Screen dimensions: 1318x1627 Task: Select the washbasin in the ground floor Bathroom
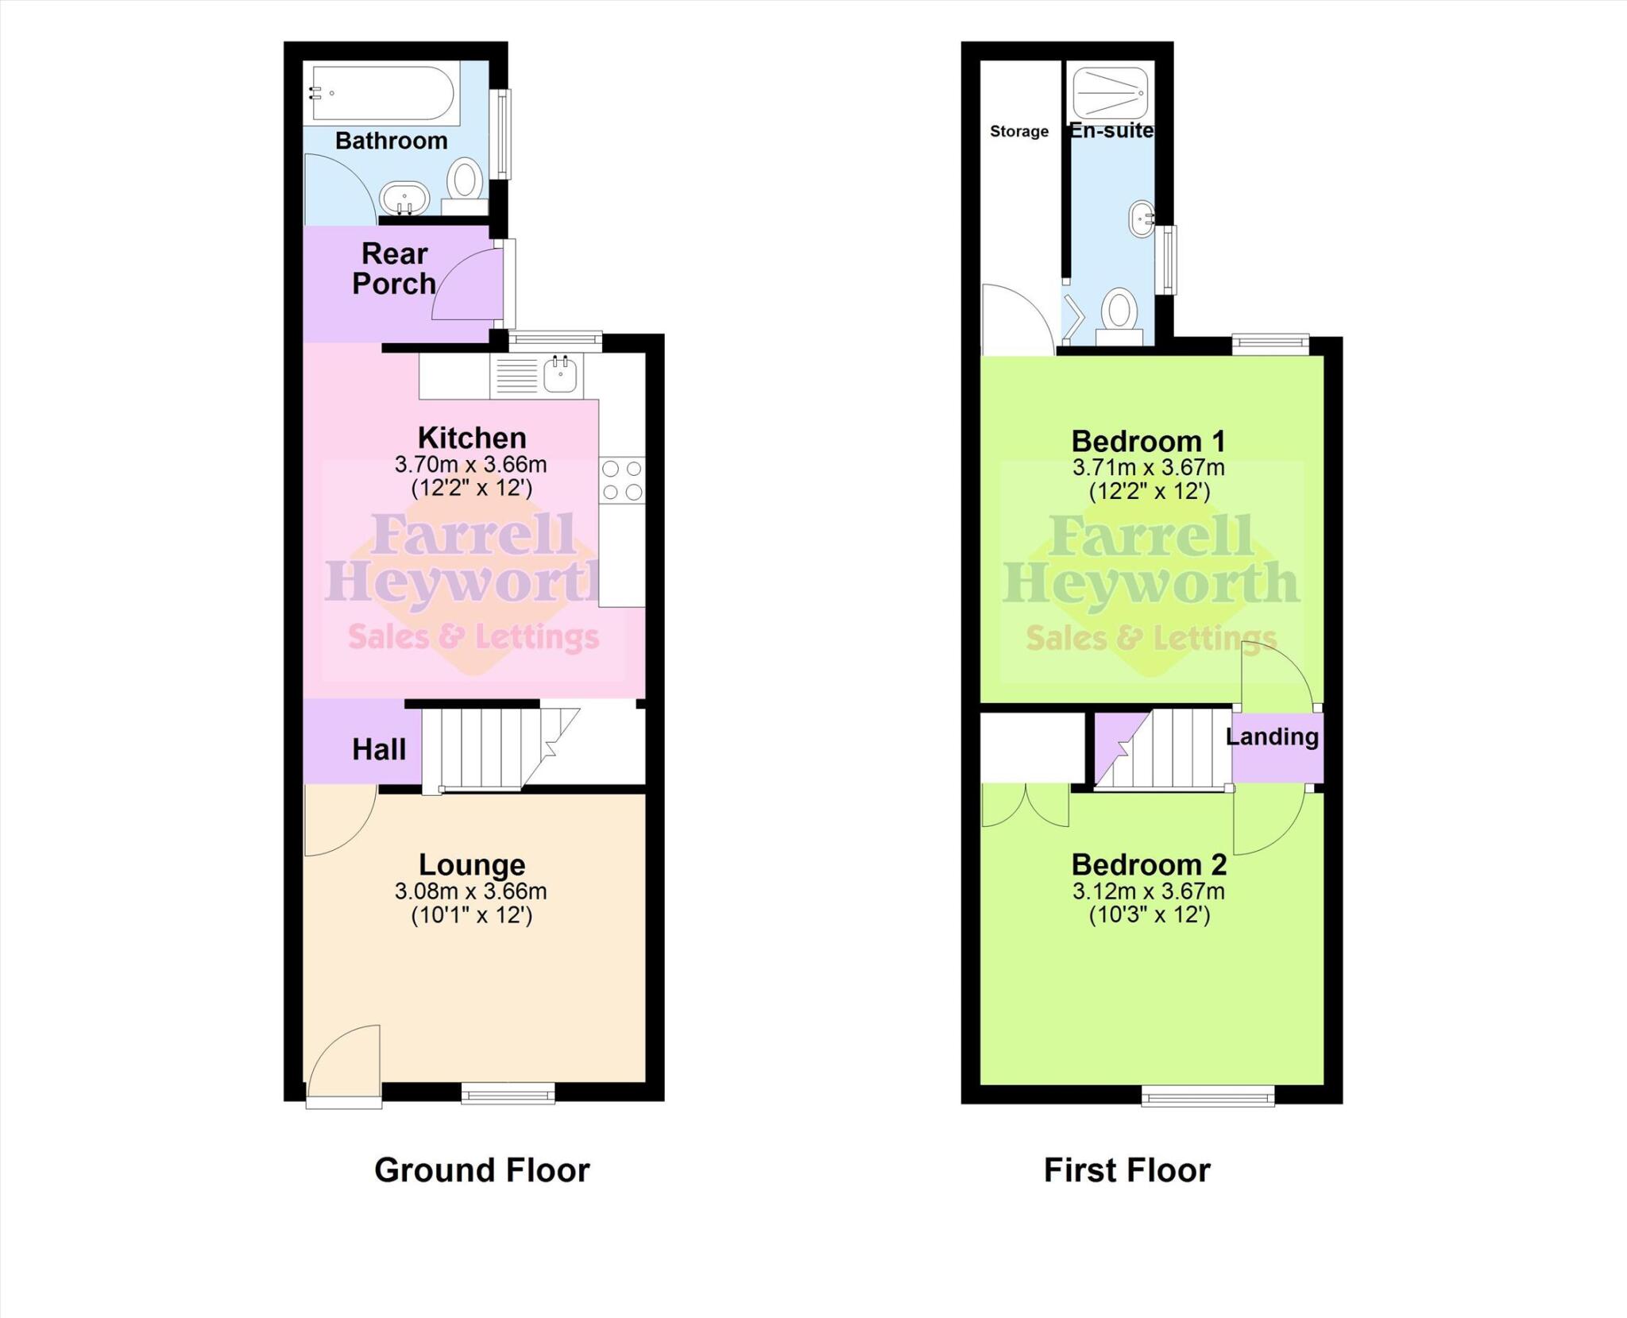pyautogui.click(x=404, y=197)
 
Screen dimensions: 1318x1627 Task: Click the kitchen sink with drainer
pyautogui.click(x=537, y=376)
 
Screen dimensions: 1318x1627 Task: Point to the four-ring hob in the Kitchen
pyautogui.click(x=622, y=481)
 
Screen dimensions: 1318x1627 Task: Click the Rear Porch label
pyautogui.click(x=394, y=269)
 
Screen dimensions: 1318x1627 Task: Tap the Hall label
pyautogui.click(x=379, y=749)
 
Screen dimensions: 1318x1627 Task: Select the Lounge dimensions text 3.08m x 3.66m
pyautogui.click(x=470, y=891)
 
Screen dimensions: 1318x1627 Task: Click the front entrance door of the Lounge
pyautogui.click(x=344, y=1065)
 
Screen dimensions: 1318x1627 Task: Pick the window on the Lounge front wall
pyautogui.click(x=508, y=1095)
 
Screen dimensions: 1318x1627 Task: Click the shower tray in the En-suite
pyautogui.click(x=1111, y=92)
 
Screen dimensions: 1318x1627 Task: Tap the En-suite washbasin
pyautogui.click(x=1142, y=218)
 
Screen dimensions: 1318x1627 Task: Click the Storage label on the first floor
pyautogui.click(x=1018, y=132)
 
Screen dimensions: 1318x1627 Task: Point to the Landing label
pyautogui.click(x=1272, y=736)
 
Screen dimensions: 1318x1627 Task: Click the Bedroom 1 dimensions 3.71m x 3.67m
pyautogui.click(x=1148, y=468)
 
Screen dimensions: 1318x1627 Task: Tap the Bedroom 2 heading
pyautogui.click(x=1148, y=864)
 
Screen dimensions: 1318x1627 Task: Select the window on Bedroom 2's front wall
pyautogui.click(x=1208, y=1096)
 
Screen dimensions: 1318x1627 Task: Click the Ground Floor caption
pyautogui.click(x=481, y=1170)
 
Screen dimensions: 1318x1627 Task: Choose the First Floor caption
pyautogui.click(x=1127, y=1170)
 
